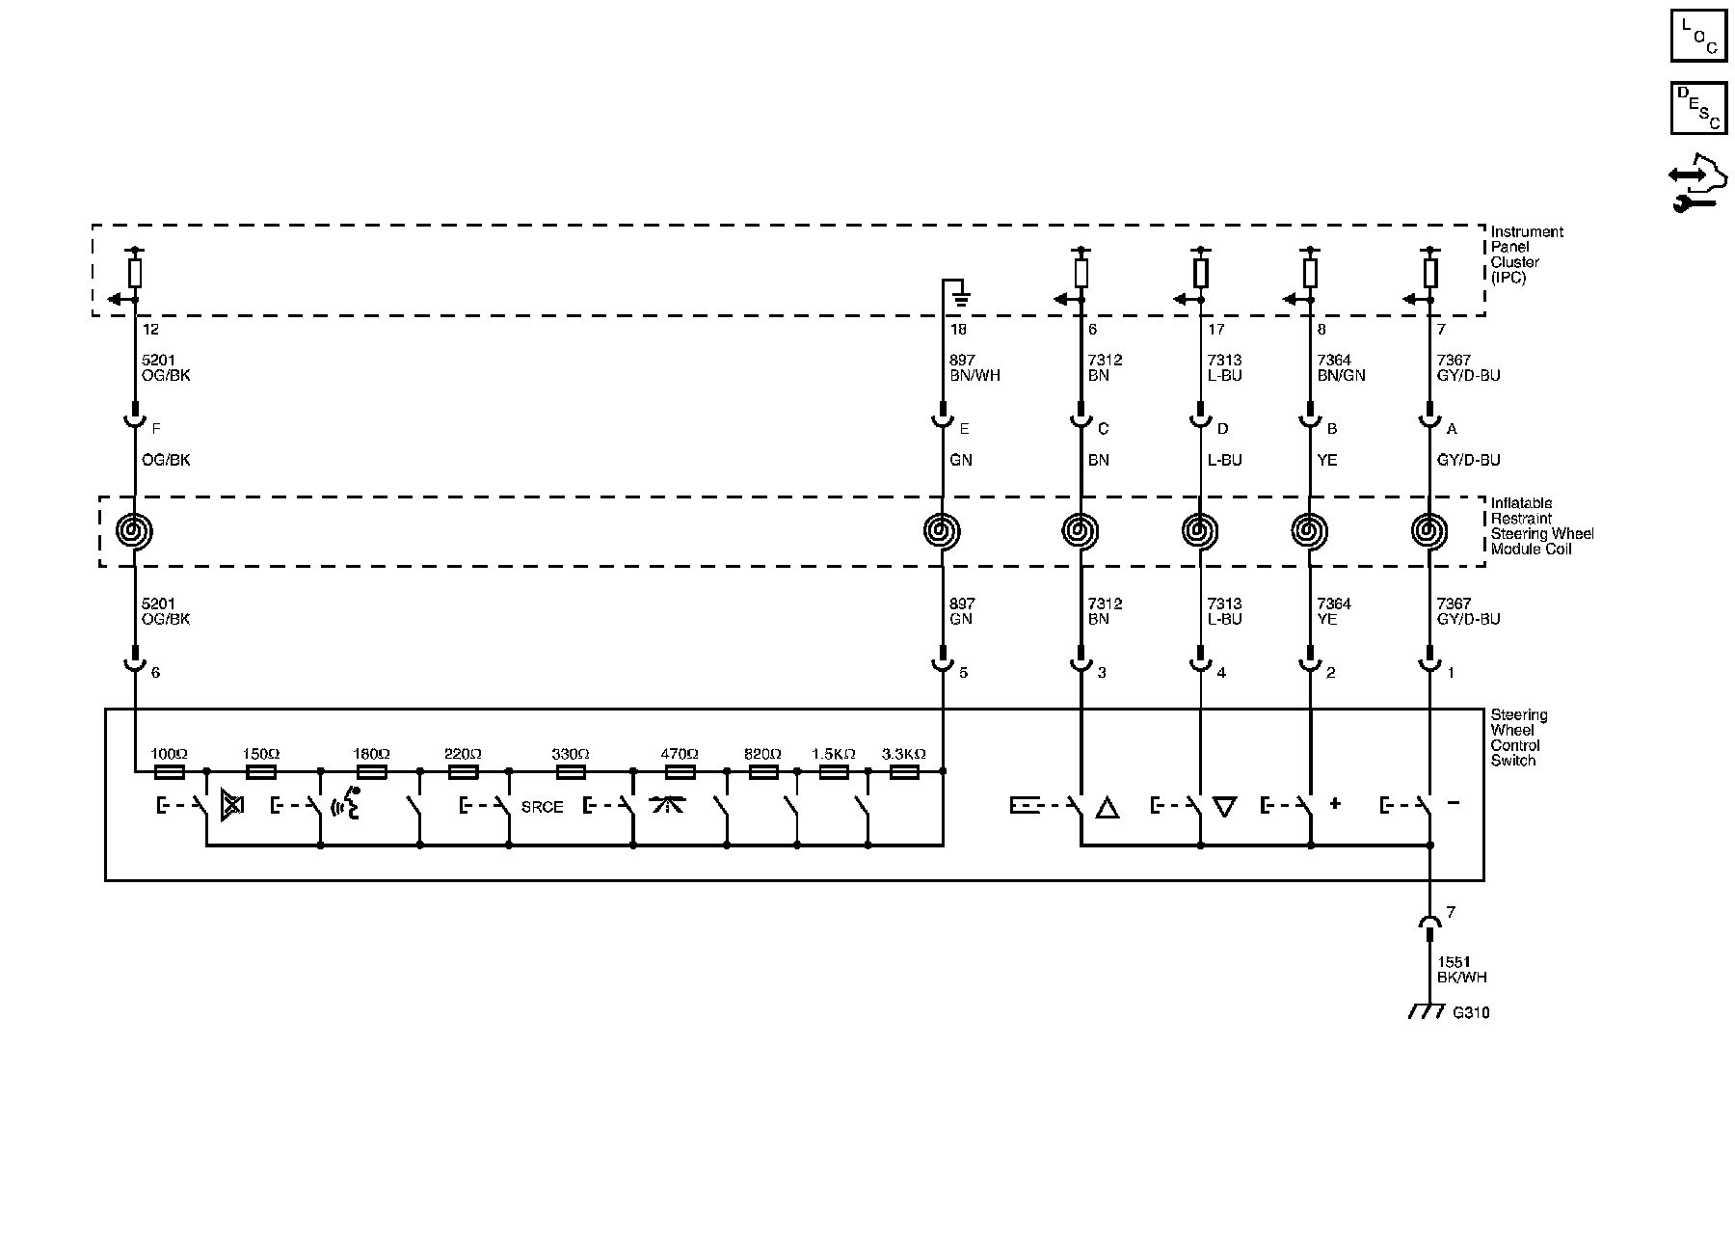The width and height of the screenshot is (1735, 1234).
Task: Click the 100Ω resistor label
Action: [x=169, y=754]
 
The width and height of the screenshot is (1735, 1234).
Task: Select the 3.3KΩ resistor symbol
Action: [x=903, y=772]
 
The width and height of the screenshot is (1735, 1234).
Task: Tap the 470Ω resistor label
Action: [x=679, y=754]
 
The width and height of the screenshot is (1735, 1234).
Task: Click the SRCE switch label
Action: [x=542, y=807]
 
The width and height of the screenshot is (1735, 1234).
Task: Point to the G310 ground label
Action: [x=1470, y=1012]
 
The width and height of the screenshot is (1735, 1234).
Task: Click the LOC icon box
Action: [x=1698, y=36]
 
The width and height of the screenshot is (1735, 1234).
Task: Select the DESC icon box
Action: [x=1698, y=107]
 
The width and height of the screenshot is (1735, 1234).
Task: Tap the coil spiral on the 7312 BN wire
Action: [x=1081, y=531]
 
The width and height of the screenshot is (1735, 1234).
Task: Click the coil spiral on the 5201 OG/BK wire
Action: [x=135, y=531]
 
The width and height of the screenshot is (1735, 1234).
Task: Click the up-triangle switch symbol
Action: [x=1108, y=808]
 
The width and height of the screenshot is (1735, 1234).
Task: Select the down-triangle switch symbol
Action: [x=1224, y=807]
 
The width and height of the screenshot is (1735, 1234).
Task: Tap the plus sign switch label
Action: [x=1335, y=803]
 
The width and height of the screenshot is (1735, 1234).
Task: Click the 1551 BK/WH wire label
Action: [x=1461, y=969]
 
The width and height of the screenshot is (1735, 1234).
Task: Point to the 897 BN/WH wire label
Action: [x=974, y=367]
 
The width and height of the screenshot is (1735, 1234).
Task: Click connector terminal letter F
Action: [x=156, y=428]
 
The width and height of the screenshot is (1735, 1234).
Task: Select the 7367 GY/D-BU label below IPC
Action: [x=1468, y=367]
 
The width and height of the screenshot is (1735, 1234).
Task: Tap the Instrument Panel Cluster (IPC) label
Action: [x=1527, y=255]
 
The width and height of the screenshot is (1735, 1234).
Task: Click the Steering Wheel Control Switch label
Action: [x=1519, y=738]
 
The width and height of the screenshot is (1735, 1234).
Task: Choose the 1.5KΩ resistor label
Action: [x=834, y=754]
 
